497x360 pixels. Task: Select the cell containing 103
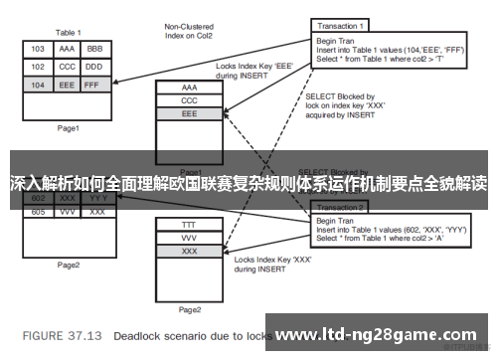38,48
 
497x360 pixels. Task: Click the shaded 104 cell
38,86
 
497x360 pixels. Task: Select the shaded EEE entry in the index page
189,114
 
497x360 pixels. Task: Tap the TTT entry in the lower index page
189,225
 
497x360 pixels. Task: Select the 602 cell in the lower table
38,197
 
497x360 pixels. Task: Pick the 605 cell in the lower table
38,211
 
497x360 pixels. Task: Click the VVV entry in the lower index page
189,239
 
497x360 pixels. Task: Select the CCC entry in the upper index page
189,100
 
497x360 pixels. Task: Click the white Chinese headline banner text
248,184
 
